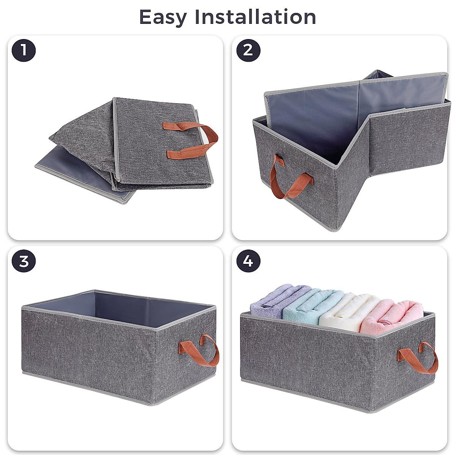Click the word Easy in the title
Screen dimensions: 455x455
pos(163,17)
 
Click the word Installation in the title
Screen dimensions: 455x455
pos(255,17)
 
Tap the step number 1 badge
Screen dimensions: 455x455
pos(24,50)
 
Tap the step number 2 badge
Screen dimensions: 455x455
pos(248,50)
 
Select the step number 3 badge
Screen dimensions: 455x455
pos(24,262)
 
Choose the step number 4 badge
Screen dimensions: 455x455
pos(248,262)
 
